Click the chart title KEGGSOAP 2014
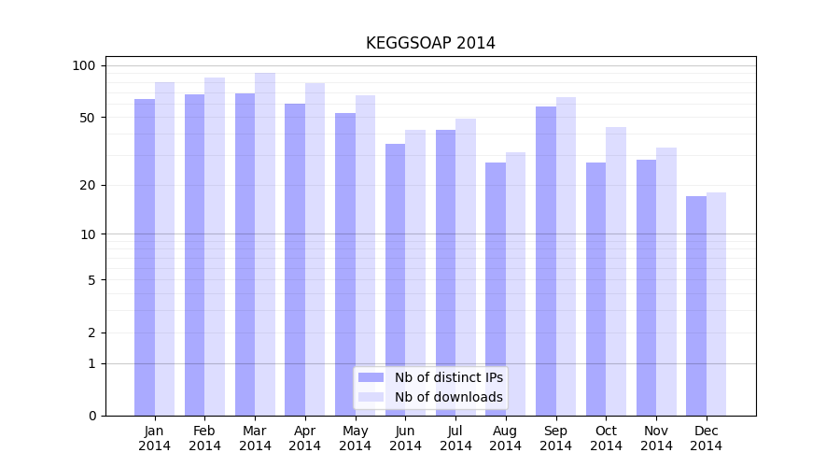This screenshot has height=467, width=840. (430, 43)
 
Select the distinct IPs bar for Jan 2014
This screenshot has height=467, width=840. (145, 257)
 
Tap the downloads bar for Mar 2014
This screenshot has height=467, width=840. (265, 244)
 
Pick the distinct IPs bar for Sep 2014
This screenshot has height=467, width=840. (546, 261)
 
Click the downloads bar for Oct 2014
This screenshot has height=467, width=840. (616, 271)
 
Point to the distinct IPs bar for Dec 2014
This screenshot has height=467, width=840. (696, 305)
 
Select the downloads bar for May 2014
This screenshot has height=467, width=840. (365, 255)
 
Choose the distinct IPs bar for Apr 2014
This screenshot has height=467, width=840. (295, 260)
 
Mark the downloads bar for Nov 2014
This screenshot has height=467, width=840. (666, 281)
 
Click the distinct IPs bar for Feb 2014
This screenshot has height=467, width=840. (194, 255)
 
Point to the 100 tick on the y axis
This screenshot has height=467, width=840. (84, 65)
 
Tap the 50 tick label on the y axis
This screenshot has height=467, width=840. (87, 118)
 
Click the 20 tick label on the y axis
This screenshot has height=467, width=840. (87, 185)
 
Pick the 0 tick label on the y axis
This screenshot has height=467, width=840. (91, 416)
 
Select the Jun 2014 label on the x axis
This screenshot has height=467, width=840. (405, 438)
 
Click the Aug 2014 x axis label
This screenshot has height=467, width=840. (506, 438)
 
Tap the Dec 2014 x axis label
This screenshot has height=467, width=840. (706, 438)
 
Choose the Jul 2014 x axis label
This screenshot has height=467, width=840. (455, 438)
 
